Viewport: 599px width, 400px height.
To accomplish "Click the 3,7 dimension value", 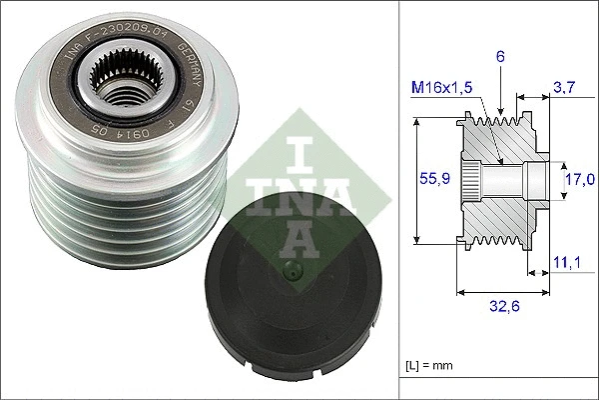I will coord(564,89).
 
